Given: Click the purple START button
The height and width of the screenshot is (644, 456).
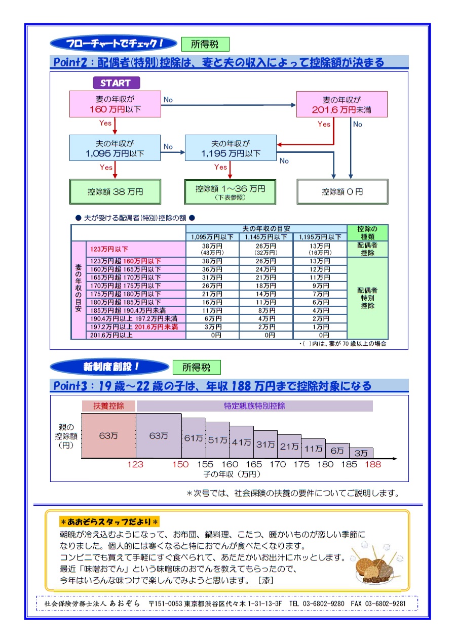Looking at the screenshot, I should click(116, 83).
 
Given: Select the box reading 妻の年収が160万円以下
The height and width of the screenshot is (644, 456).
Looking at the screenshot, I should click(115, 104).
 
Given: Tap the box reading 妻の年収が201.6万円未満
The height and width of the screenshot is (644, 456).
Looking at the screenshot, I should click(341, 104).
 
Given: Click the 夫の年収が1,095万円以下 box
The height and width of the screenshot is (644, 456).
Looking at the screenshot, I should click(115, 148).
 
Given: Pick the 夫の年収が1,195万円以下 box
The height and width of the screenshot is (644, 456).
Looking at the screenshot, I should click(231, 148).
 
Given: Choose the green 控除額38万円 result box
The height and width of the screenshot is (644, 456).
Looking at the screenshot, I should click(115, 192).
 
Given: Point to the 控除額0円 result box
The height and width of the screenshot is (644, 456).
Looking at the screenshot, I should click(342, 192).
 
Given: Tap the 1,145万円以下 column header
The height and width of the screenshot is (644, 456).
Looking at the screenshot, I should click(266, 237).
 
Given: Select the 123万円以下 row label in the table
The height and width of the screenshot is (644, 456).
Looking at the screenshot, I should click(136, 249).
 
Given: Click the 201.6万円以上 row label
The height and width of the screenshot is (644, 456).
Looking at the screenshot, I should click(136, 335).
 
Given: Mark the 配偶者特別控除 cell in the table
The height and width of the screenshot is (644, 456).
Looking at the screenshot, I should click(367, 298).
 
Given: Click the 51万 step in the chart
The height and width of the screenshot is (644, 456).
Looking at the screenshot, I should click(217, 440).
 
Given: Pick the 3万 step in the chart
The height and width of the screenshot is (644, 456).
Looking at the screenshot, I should click(361, 453).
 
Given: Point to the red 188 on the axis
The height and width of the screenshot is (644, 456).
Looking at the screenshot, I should click(373, 464).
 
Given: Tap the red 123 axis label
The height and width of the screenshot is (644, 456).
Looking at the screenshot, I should click(135, 464).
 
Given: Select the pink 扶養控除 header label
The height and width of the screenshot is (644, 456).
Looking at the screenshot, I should click(108, 406).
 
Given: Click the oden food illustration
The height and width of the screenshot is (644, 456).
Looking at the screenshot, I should click(376, 561).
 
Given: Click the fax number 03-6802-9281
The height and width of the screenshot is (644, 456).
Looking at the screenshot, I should click(385, 603).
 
